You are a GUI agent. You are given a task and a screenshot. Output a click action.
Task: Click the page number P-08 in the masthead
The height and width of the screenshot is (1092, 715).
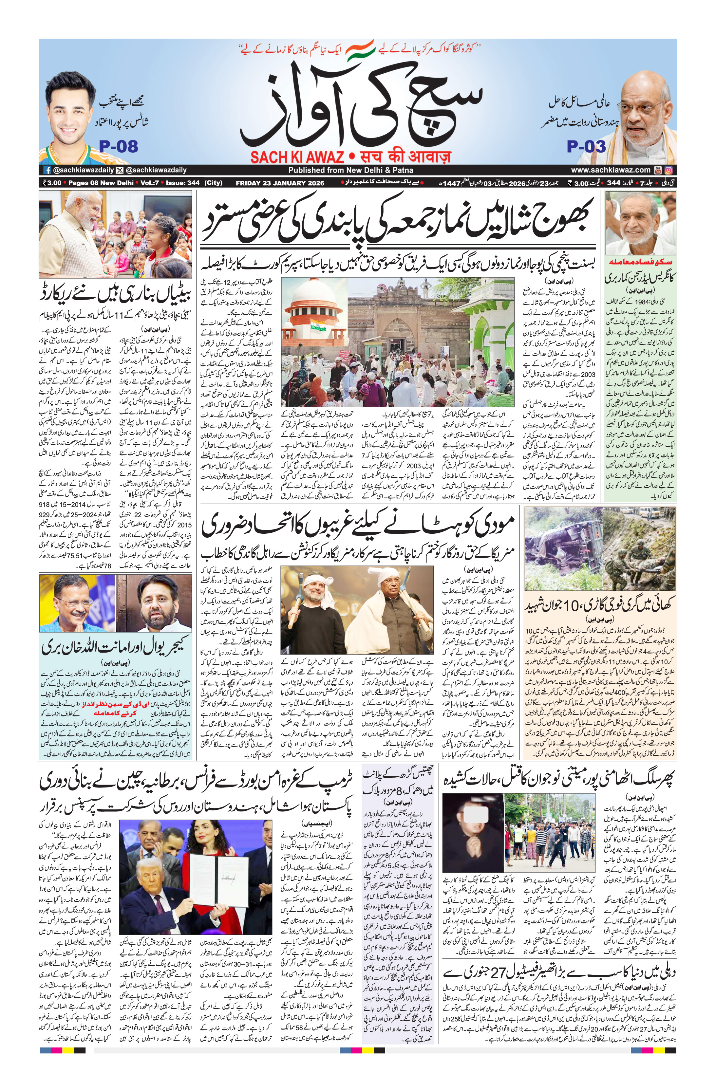118,146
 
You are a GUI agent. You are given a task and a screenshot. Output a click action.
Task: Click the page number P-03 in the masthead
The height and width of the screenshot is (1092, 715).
586,146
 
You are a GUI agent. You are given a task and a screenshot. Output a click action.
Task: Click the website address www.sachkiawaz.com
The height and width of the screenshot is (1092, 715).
611,170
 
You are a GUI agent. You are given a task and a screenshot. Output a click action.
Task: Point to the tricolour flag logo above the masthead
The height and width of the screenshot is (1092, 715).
360,51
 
